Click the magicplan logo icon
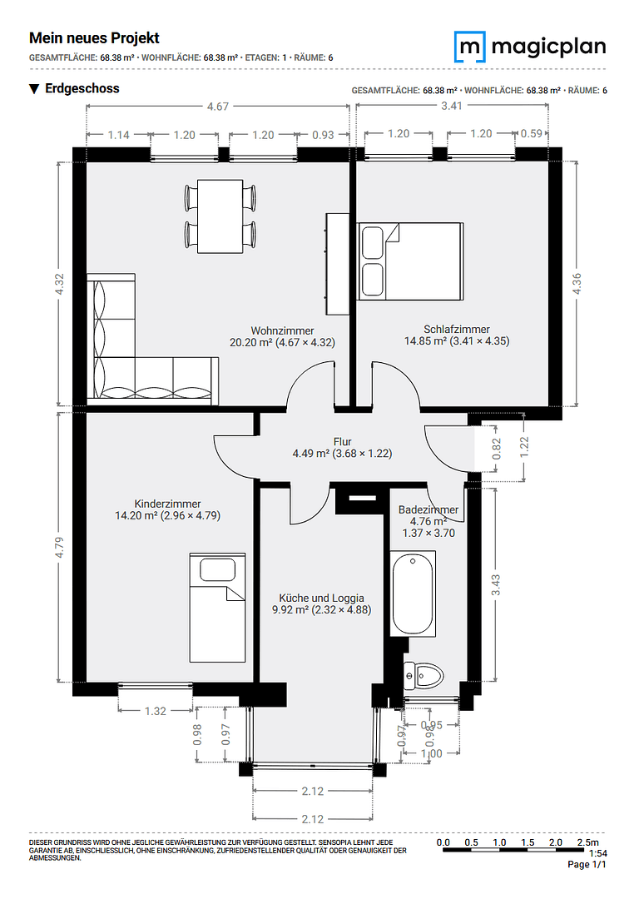[471, 47]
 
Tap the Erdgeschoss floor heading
[82, 88]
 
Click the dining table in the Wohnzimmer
[220, 218]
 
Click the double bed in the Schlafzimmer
[409, 261]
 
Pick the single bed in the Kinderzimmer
[217, 607]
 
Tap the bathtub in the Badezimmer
[413, 594]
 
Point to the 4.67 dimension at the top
[218, 106]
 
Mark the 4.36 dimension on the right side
[577, 283]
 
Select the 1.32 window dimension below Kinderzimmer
[156, 710]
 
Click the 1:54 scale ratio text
[597, 854]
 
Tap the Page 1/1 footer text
[587, 865]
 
